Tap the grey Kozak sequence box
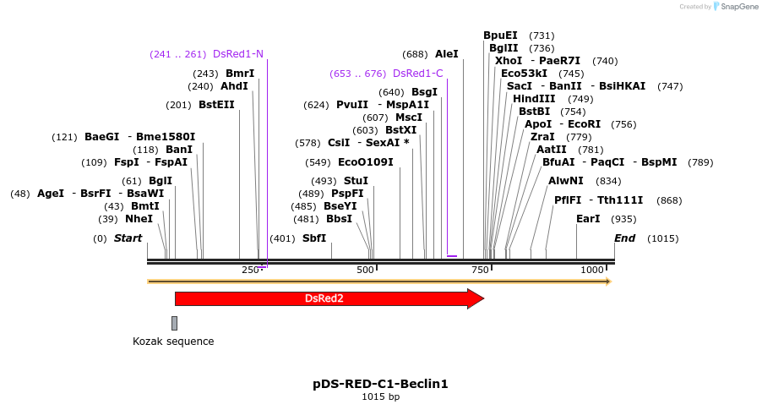pos(174,323)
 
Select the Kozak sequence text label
pos(173,342)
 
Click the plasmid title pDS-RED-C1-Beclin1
pos(380,384)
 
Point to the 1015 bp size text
pos(380,396)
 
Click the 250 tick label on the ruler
pos(250,270)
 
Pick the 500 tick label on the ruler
pos(365,270)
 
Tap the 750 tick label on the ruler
pos(480,270)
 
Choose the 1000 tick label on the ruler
pos(592,270)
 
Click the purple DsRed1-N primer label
pos(238,54)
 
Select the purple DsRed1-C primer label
pos(418,74)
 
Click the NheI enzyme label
pos(139,219)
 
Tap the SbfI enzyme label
pos(314,238)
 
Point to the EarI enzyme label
pos(588,219)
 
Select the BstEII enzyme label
pos(216,105)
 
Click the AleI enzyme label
pos(446,54)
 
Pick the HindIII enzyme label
pos(534,99)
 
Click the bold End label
pos(625,238)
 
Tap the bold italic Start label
pos(128,238)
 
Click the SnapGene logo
pos(734,7)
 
